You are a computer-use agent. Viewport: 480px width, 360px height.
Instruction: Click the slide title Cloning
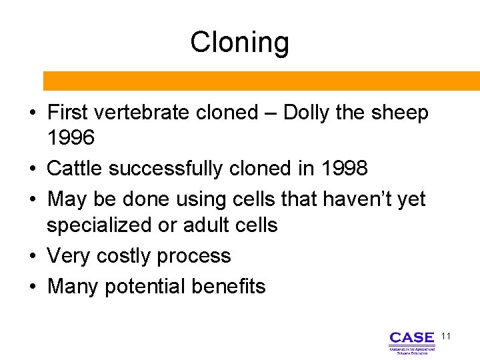tap(239, 42)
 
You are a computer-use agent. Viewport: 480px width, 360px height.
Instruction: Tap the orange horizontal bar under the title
tap(261, 81)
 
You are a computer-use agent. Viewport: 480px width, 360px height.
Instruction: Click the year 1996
tap(71, 138)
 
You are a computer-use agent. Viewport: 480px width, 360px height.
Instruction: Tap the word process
tap(199, 256)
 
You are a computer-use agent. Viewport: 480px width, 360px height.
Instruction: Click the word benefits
tap(229, 286)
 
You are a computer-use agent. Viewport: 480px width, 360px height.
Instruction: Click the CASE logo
tap(412, 341)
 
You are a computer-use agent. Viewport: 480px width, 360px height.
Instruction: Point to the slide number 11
tap(446, 337)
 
